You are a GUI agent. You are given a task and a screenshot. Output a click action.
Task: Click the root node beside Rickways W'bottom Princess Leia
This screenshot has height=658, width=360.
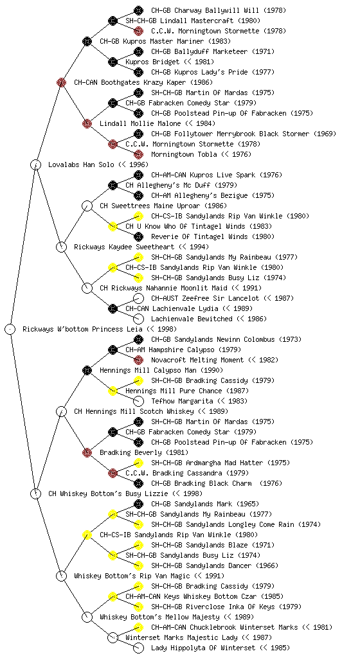pyautogui.click(x=10, y=329)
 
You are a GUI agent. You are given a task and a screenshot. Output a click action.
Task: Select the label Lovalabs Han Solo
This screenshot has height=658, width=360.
pyautogui.click(x=81, y=164)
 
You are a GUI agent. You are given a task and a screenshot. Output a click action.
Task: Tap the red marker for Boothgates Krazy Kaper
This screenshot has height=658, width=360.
pyautogui.click(x=61, y=82)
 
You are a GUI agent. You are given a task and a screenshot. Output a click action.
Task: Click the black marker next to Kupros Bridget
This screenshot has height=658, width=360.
pyautogui.click(x=113, y=62)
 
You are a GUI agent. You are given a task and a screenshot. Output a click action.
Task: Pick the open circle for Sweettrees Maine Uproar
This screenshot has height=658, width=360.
pyautogui.click(x=87, y=206)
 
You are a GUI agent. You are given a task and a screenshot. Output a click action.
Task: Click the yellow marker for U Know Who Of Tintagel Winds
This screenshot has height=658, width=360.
pyautogui.click(x=113, y=226)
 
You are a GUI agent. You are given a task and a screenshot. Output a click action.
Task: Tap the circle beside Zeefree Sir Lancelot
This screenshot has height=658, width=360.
pyautogui.click(x=138, y=298)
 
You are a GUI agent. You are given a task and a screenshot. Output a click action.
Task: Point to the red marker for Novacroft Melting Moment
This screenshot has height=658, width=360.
pyautogui.click(x=138, y=360)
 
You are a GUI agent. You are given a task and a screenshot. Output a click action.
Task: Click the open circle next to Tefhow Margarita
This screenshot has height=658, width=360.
pyautogui.click(x=138, y=401)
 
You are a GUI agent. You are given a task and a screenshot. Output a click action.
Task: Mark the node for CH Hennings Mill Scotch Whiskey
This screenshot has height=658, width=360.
pyautogui.click(x=61, y=411)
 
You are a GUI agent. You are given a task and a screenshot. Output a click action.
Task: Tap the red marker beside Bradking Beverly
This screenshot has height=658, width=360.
pyautogui.click(x=87, y=452)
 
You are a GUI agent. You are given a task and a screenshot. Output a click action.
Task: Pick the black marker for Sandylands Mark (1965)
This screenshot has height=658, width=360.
pyautogui.click(x=138, y=504)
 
